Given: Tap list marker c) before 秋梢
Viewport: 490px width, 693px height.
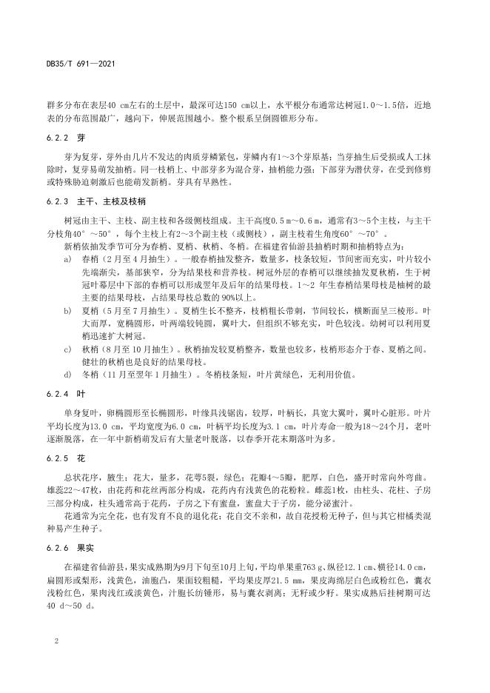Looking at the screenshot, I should pos(67,348).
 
